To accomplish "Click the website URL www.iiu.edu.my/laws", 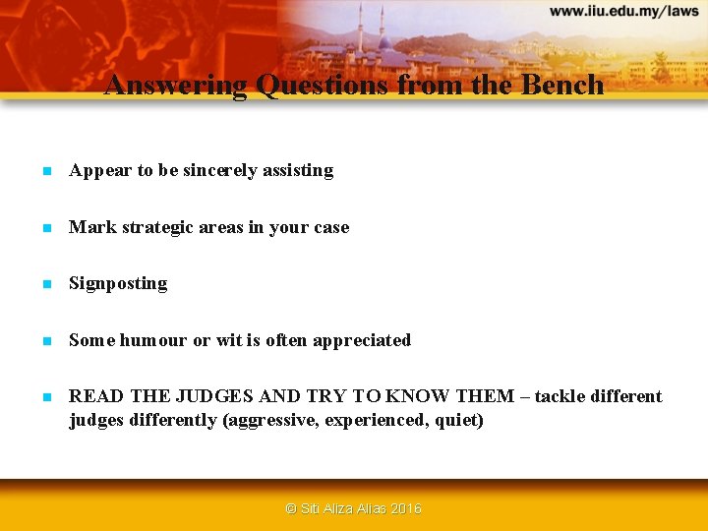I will (623, 12).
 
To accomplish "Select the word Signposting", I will (118, 284).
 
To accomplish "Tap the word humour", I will (153, 340).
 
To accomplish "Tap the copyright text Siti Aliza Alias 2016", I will (353, 508).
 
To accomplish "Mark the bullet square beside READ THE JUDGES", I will (45, 397).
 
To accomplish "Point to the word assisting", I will (302, 171).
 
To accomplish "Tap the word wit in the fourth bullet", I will (228, 340).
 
